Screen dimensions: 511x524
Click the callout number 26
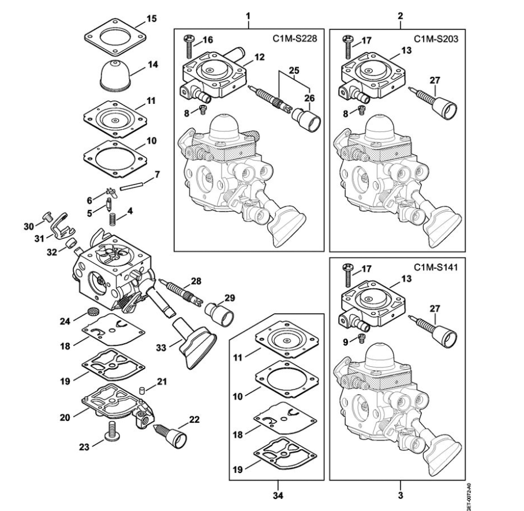pyautogui.click(x=310, y=98)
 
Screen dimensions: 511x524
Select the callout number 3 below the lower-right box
pyautogui.click(x=401, y=494)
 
